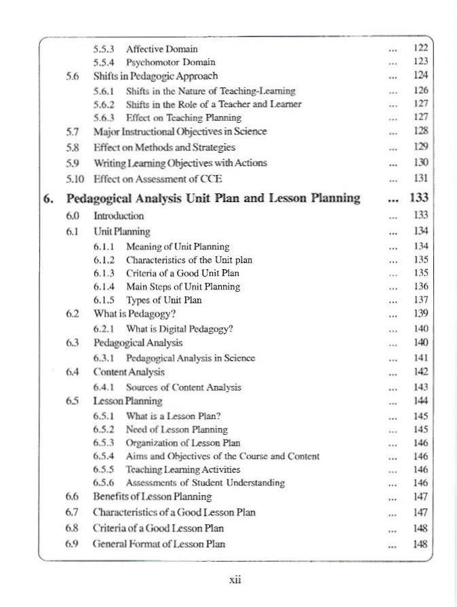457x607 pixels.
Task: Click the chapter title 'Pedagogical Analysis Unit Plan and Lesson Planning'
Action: click(213, 198)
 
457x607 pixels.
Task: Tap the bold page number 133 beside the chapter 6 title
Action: click(419, 198)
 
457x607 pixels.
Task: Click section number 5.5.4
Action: click(104, 62)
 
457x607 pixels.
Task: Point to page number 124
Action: click(420, 75)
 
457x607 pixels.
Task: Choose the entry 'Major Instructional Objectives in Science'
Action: click(180, 131)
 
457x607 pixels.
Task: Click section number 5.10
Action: click(75, 179)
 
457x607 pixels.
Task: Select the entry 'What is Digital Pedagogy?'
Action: click(180, 329)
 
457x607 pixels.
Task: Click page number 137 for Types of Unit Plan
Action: click(420, 300)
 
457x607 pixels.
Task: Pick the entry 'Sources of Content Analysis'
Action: click(184, 387)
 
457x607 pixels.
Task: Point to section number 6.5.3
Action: click(104, 443)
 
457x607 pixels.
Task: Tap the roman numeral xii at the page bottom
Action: click(235, 581)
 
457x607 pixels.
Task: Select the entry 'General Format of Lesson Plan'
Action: click(159, 544)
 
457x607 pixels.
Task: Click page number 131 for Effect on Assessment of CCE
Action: click(420, 179)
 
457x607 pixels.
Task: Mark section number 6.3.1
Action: click(104, 357)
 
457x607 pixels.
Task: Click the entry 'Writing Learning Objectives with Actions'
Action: click(180, 163)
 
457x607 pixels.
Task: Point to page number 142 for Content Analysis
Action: click(420, 372)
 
